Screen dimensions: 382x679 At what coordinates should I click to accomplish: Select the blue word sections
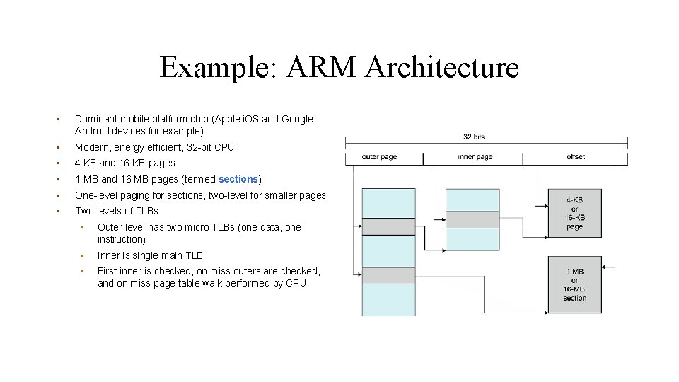click(x=238, y=179)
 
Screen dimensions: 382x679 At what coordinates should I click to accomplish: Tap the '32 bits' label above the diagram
click(x=474, y=137)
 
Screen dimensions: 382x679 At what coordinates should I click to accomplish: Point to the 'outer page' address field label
click(x=379, y=156)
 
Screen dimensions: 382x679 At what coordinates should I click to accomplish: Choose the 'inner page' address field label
click(x=475, y=156)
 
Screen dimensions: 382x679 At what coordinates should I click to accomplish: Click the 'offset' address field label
click(x=576, y=156)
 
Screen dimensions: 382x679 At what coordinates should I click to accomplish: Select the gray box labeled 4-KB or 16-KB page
click(x=574, y=213)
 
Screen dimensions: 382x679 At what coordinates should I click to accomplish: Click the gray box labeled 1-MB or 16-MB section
click(x=574, y=283)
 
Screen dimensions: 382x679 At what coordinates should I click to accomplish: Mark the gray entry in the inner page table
click(x=472, y=219)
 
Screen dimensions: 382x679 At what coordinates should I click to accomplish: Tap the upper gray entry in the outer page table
click(x=388, y=226)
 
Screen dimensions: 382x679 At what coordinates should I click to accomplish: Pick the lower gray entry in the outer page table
click(x=388, y=275)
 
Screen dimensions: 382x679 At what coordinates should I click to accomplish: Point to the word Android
click(x=93, y=131)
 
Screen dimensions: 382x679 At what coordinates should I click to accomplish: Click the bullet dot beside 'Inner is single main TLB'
click(x=83, y=255)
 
